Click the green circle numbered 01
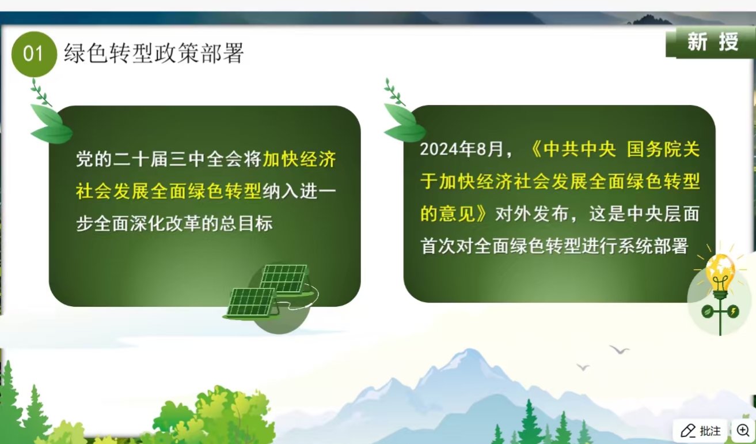tap(34, 54)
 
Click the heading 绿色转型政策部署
tap(154, 54)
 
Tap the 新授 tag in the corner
tap(712, 42)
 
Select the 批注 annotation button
tap(701, 431)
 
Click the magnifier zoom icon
tap(743, 431)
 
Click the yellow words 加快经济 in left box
tap(299, 160)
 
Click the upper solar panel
tap(283, 279)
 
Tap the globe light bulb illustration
tap(720, 277)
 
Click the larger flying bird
tap(620, 349)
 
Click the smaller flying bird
tap(583, 367)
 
